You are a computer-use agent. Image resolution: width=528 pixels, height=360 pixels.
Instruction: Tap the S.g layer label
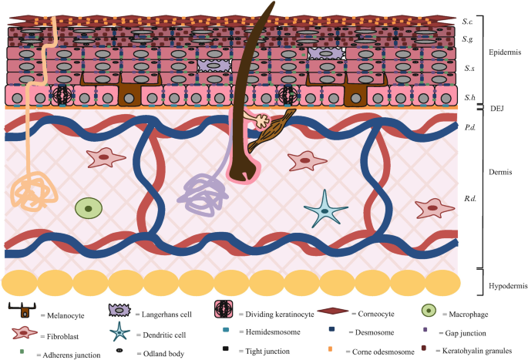click(468, 39)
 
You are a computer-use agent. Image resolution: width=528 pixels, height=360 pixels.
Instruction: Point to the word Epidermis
click(506, 52)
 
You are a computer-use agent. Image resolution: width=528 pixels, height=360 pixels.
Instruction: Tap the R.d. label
click(468, 198)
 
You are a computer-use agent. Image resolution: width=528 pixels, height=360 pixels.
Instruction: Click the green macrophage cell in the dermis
click(89, 207)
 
